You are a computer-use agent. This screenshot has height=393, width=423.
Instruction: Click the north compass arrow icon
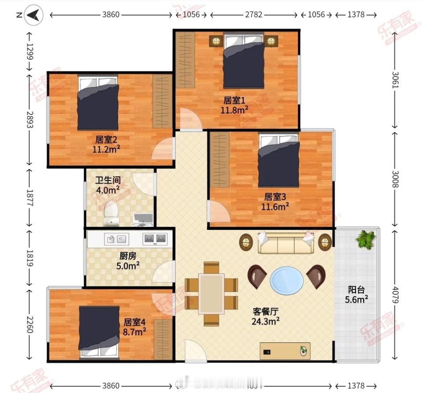click(x=33, y=16)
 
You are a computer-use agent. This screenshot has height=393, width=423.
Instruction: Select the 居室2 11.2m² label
click(x=106, y=144)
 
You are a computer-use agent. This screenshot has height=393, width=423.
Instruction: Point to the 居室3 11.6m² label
click(x=276, y=201)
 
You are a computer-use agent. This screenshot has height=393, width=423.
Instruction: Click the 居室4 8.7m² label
click(x=135, y=326)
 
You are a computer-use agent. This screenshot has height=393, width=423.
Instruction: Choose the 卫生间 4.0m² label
click(x=108, y=185)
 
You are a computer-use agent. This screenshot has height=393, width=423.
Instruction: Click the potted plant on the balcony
click(x=366, y=240)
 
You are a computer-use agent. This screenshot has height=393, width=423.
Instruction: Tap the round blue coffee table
click(x=286, y=280)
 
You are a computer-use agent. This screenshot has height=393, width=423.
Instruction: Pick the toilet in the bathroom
click(x=111, y=214)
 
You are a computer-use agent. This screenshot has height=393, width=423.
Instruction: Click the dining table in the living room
click(x=211, y=293)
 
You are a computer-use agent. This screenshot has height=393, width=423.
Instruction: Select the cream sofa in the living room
click(x=286, y=243)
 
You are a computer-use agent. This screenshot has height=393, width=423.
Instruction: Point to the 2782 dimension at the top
click(x=254, y=15)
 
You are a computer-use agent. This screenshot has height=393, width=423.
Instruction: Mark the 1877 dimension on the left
click(x=30, y=198)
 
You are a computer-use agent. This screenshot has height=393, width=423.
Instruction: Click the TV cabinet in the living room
click(x=285, y=351)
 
